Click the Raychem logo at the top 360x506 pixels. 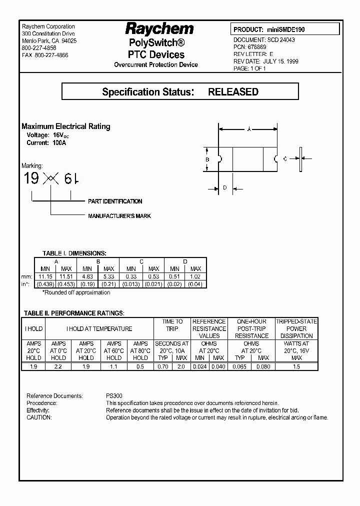[159, 28]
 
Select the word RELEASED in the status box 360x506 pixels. [233, 92]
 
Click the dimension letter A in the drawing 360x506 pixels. [248, 129]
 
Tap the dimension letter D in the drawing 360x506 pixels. [225, 188]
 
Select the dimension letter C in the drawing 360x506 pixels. [284, 159]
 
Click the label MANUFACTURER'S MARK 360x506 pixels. [119, 216]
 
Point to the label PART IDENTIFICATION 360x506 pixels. [115, 201]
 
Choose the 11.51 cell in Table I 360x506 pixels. [66, 276]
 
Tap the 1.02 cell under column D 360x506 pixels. [195, 276]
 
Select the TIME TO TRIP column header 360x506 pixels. [172, 325]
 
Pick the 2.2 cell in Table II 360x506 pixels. [58, 366]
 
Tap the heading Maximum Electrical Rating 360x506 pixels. [66, 126]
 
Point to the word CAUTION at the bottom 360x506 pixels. [39, 417]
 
